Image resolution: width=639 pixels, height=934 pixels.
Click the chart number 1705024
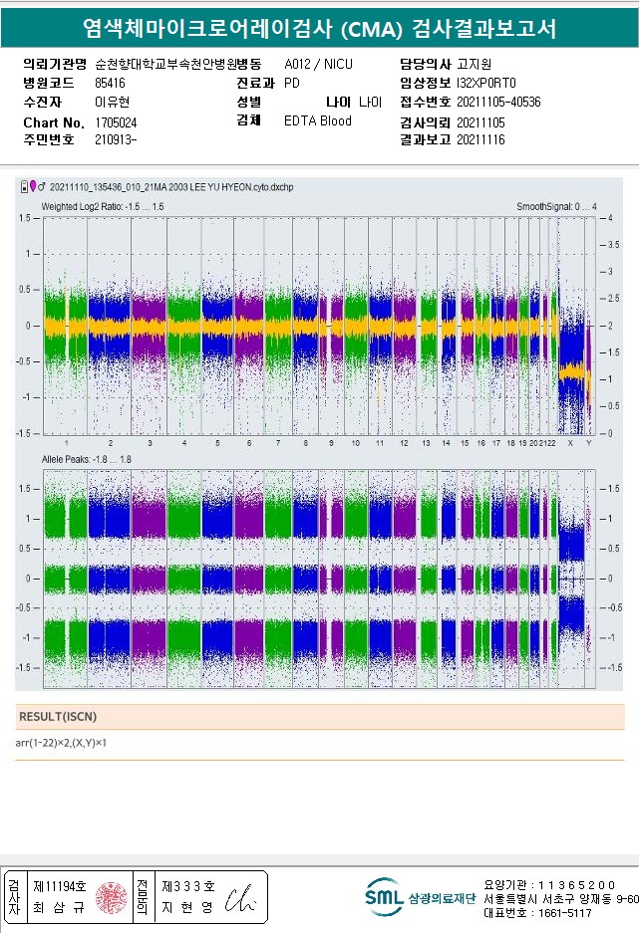(116, 121)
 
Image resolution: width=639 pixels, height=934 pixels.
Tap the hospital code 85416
(110, 83)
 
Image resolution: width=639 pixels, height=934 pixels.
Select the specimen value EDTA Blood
(318, 121)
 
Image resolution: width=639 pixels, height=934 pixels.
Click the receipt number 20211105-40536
(498, 102)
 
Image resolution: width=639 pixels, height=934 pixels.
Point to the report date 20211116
(480, 140)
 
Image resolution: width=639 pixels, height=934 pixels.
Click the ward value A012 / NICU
(318, 64)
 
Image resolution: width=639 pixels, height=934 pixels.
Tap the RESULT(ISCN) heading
(57, 716)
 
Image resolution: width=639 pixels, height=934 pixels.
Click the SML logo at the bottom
(383, 896)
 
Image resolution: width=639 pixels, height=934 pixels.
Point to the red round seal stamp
(109, 897)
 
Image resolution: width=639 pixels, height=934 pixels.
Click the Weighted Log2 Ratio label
(102, 206)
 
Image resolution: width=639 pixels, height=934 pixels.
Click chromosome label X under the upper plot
(569, 442)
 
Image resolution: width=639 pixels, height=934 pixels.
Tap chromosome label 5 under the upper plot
(217, 442)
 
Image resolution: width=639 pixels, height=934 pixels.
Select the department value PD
(292, 83)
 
